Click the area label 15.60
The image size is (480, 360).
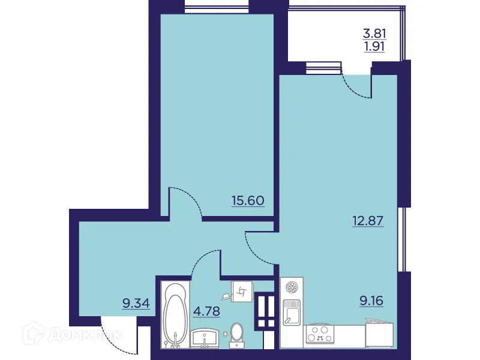click(x=247, y=200)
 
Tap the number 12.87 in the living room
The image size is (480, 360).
click(x=367, y=220)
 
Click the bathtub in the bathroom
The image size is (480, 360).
click(x=175, y=316)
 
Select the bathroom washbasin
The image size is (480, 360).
click(x=205, y=338)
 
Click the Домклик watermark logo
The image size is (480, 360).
click(x=72, y=334)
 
